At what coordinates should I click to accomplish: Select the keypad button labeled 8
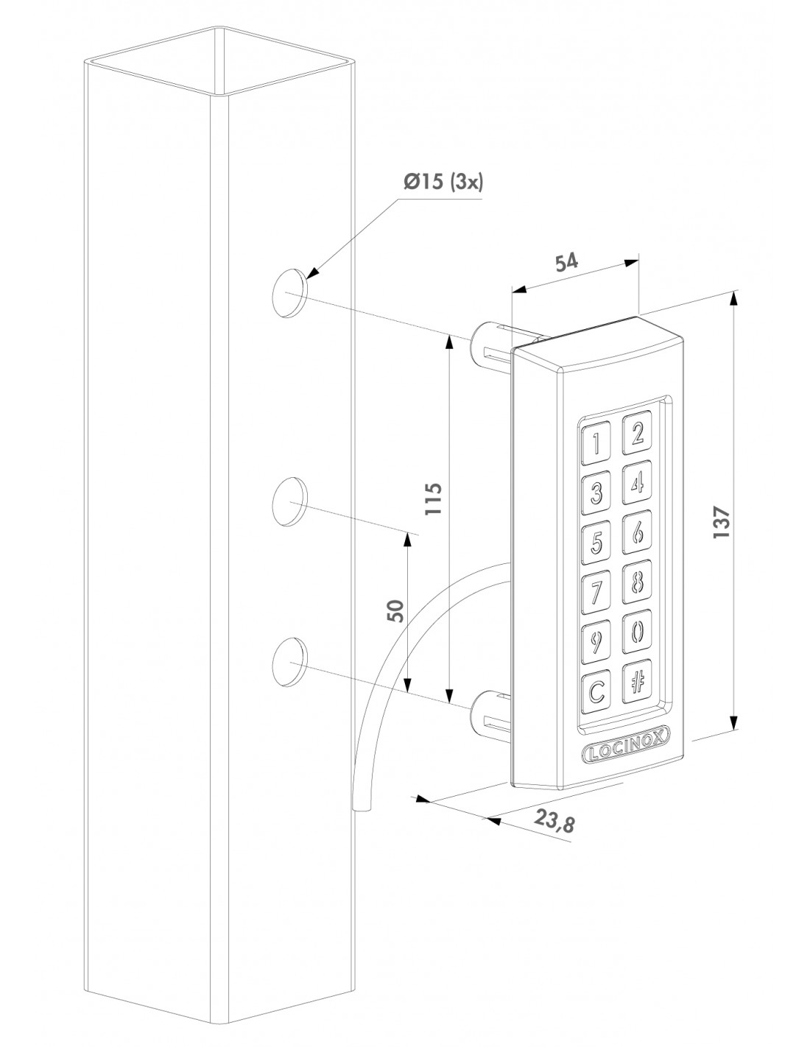tap(638, 582)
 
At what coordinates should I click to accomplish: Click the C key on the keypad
tap(596, 691)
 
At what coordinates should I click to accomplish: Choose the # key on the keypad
tap(638, 681)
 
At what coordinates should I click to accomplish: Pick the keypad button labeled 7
tap(596, 593)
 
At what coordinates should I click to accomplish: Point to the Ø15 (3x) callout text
tap(444, 182)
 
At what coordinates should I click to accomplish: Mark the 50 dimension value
tap(396, 610)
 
